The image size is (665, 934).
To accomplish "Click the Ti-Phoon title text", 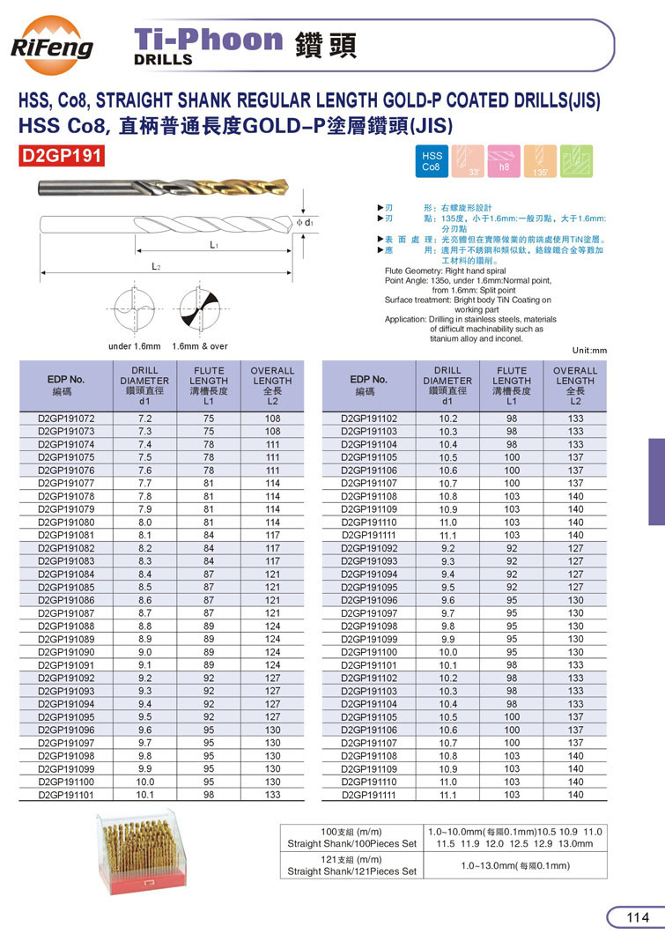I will click(x=208, y=41).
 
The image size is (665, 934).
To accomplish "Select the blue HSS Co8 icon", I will click(x=433, y=160).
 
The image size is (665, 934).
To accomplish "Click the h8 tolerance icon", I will click(x=505, y=160).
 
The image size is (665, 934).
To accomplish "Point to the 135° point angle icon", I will click(x=541, y=160).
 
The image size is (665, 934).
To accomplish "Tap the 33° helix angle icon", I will click(x=469, y=160).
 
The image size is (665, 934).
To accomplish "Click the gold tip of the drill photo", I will click(x=273, y=187).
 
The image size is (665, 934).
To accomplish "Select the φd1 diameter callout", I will click(x=305, y=223).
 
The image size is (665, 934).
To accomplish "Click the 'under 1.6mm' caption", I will click(x=134, y=346).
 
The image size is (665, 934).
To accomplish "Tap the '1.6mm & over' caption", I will click(x=200, y=346).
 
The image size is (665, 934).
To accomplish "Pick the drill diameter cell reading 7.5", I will click(x=145, y=458).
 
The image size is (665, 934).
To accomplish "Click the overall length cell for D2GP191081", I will click(x=272, y=535).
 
